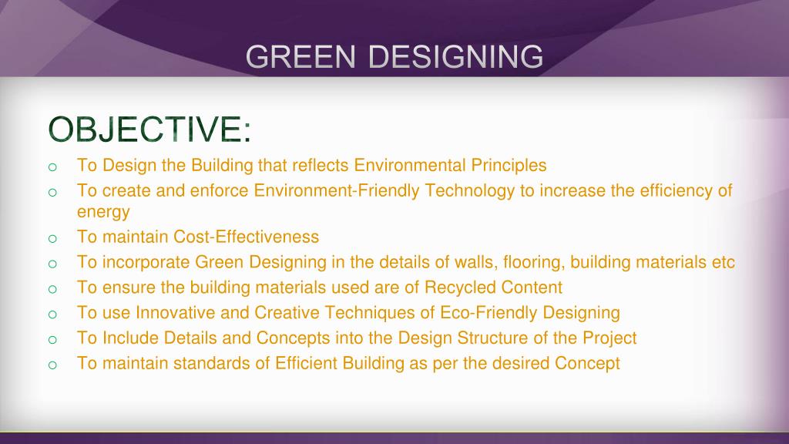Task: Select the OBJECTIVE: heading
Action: [x=149, y=129]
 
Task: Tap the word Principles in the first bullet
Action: [x=509, y=166]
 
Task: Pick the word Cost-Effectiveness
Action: [x=246, y=237]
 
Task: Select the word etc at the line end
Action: [x=723, y=262]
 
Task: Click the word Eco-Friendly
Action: [x=489, y=313]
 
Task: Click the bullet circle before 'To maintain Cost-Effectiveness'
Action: [x=52, y=239]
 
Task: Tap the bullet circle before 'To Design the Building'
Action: [x=52, y=167]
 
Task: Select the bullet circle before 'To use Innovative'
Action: [x=52, y=314]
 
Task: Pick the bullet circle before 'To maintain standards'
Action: [x=52, y=365]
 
